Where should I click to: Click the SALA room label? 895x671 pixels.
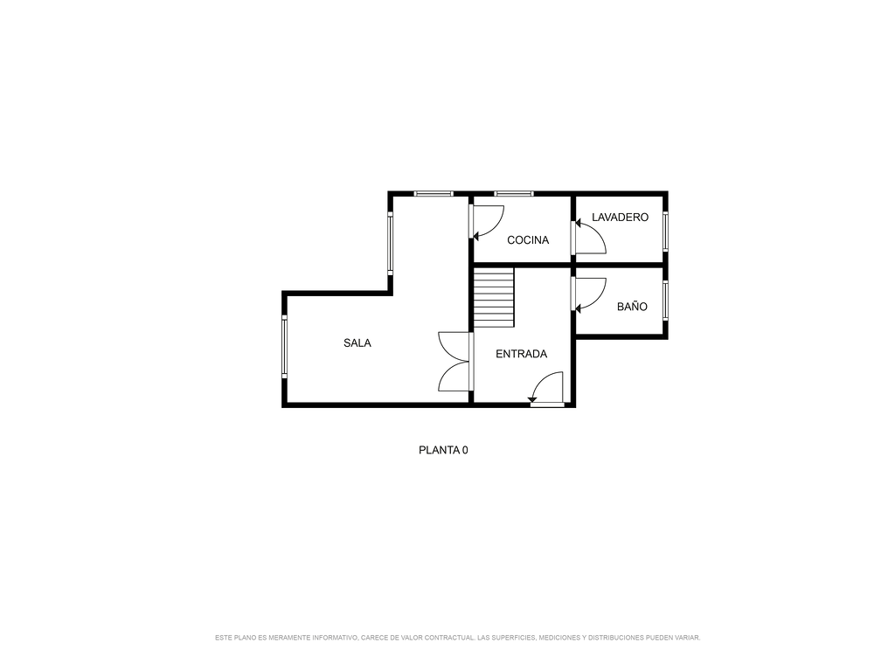(x=357, y=342)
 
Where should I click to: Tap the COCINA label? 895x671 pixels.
(x=528, y=240)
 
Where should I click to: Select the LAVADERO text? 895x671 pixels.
(x=620, y=218)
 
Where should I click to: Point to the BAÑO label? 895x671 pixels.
(x=632, y=307)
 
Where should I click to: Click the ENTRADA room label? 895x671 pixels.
(x=521, y=354)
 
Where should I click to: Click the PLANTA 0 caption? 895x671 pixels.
(x=443, y=450)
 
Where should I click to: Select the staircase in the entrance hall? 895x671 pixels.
(x=494, y=298)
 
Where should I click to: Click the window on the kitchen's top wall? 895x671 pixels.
(x=514, y=194)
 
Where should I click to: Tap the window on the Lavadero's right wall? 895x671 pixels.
(x=665, y=231)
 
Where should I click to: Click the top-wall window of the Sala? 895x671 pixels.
(x=434, y=194)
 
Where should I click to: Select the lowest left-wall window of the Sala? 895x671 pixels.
(x=284, y=346)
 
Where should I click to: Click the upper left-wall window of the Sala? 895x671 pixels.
(x=391, y=243)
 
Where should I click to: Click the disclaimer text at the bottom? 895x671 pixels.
(x=458, y=637)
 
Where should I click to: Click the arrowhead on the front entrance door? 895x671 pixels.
(x=532, y=399)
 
